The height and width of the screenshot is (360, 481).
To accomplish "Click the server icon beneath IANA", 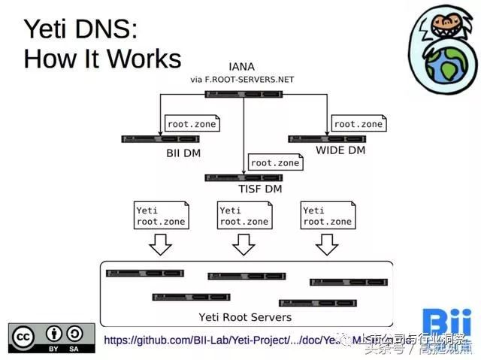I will click(x=244, y=93).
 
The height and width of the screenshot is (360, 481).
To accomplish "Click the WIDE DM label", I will click(x=340, y=151).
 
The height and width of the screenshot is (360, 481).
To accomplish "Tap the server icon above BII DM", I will click(x=160, y=139).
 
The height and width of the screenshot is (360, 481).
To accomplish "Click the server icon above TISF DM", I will click(x=244, y=177).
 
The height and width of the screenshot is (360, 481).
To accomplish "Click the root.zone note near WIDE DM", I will click(x=358, y=123).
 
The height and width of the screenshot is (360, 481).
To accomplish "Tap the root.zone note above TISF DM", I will click(x=275, y=162).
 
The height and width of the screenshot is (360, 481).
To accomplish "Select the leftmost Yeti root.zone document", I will click(x=160, y=215).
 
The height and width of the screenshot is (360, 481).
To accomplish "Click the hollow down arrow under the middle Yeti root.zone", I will click(x=244, y=244).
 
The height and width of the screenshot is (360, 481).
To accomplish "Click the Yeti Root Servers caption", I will click(x=244, y=318).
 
